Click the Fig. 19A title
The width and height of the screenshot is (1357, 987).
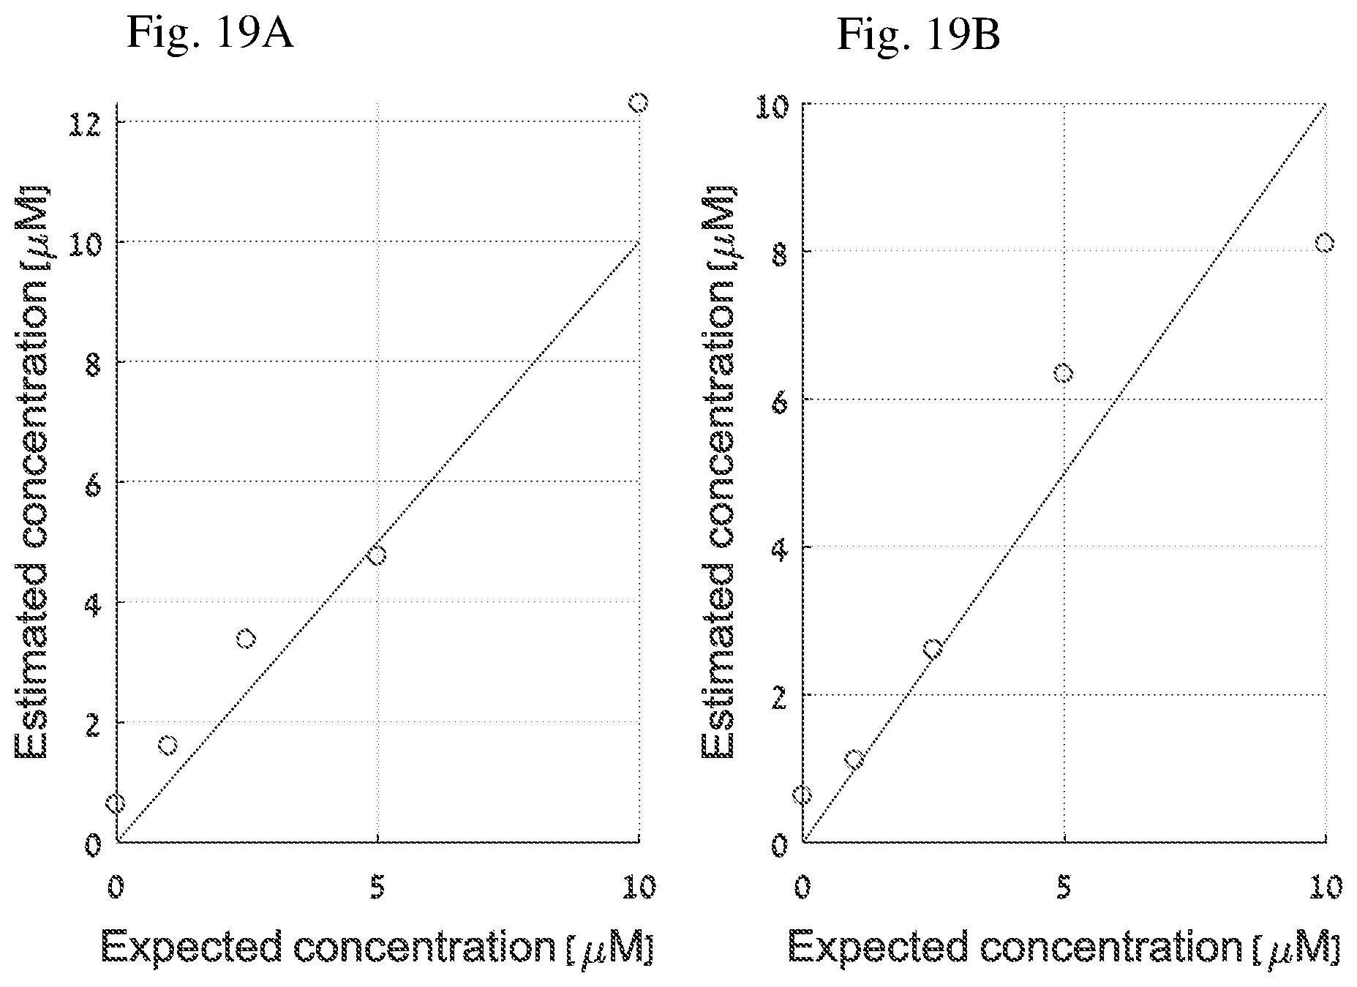211,32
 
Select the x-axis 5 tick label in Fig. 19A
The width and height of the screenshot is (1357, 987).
377,887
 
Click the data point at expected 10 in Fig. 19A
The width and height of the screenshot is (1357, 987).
639,102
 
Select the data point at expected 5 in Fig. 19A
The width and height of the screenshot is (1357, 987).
377,555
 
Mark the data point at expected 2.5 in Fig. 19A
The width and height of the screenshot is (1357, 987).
247,639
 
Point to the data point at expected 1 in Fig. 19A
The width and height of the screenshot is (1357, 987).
168,746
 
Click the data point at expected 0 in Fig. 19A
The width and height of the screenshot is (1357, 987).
116,803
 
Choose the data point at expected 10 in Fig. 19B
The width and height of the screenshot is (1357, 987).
1325,243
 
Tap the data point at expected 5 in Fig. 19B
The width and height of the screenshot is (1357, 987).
1064,373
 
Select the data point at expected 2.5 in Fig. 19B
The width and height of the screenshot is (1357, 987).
933,648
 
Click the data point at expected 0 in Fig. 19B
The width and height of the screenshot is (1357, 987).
802,795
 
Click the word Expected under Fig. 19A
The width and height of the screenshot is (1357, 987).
191,949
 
